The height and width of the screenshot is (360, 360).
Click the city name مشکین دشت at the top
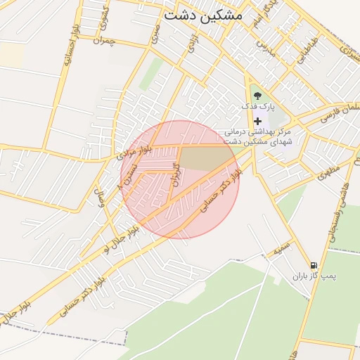point(202,14)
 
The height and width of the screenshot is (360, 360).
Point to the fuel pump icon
point(314,265)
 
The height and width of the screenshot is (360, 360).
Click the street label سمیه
point(282,247)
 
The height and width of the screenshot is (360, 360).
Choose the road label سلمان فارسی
point(340,111)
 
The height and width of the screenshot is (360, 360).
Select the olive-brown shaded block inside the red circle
point(204,158)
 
